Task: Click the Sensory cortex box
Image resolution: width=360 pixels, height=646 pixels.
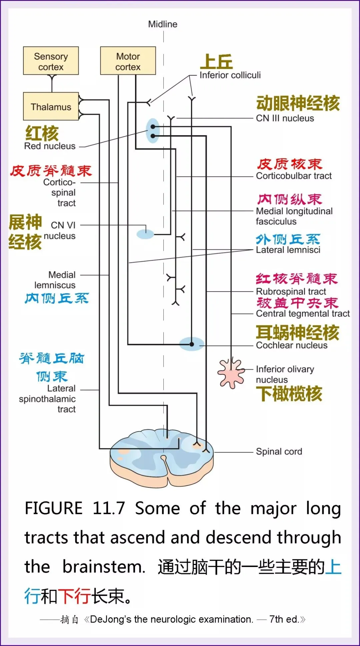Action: click(51, 61)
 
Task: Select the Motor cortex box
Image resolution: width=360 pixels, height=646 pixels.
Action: click(128, 61)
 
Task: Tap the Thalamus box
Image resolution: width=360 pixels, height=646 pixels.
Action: click(51, 107)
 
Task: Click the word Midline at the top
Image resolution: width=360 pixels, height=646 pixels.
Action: click(163, 24)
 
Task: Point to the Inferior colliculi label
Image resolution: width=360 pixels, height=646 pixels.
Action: click(230, 75)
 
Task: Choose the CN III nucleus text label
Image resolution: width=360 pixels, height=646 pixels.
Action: click(285, 118)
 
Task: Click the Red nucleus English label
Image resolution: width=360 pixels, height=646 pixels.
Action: click(50, 146)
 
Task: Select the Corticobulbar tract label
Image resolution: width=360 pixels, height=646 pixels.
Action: click(294, 176)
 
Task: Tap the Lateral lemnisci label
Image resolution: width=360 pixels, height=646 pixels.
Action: click(288, 250)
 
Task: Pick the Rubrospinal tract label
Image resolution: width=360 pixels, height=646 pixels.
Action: click(291, 292)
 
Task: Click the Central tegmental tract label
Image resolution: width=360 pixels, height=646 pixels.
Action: click(303, 314)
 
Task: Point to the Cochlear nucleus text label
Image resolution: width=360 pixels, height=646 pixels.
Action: click(292, 345)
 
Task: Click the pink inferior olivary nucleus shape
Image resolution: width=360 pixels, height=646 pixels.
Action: click(231, 373)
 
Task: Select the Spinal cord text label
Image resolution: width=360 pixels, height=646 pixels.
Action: click(279, 452)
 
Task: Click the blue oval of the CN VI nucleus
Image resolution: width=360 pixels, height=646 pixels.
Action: click(145, 234)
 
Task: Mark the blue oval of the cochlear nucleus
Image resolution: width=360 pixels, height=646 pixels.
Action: click(192, 344)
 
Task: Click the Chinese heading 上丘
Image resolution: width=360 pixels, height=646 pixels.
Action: click(216, 62)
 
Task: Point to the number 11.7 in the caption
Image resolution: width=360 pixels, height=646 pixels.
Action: click(109, 509)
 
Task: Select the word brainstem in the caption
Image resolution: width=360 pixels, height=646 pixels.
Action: click(104, 567)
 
